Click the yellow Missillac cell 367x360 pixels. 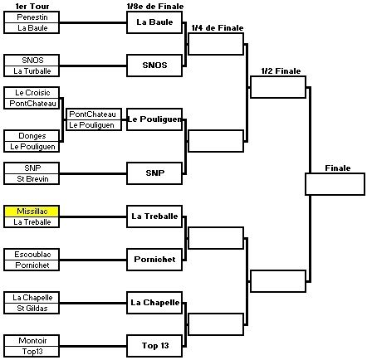pos(32,212)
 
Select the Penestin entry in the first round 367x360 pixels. pos(32,17)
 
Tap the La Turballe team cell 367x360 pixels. pos(32,71)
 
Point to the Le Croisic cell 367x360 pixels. pos(32,93)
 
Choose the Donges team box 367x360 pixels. pos(32,136)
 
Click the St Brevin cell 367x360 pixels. pos(32,179)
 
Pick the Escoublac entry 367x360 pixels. pos(32,255)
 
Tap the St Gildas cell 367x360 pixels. pos(32,309)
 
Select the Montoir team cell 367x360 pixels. pos(32,341)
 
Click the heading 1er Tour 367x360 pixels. pos(32,6)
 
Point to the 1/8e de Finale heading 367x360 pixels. pos(155,6)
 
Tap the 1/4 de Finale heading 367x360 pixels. pos(218,27)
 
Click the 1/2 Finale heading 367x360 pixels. pos(281,71)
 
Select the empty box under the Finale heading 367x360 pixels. pos(335,184)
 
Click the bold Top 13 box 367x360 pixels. pos(154,346)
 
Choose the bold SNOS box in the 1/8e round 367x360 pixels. pos(154,66)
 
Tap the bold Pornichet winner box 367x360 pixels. pos(154,260)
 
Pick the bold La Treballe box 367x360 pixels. pos(154,216)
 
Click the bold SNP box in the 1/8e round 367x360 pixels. pos(154,173)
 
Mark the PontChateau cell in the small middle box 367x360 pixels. pos(94,114)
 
